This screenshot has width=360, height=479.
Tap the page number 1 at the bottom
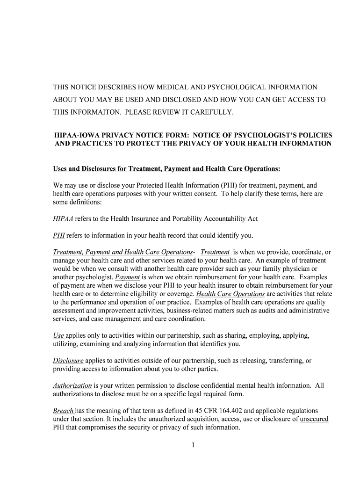192,445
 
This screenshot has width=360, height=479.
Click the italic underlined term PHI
59,235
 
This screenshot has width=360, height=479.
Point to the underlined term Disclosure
68,361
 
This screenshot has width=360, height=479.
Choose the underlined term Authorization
72,385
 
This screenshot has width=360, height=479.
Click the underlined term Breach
64,411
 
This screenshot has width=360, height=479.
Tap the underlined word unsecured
314,419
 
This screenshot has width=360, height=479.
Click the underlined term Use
59,335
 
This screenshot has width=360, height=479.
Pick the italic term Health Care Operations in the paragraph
230,294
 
